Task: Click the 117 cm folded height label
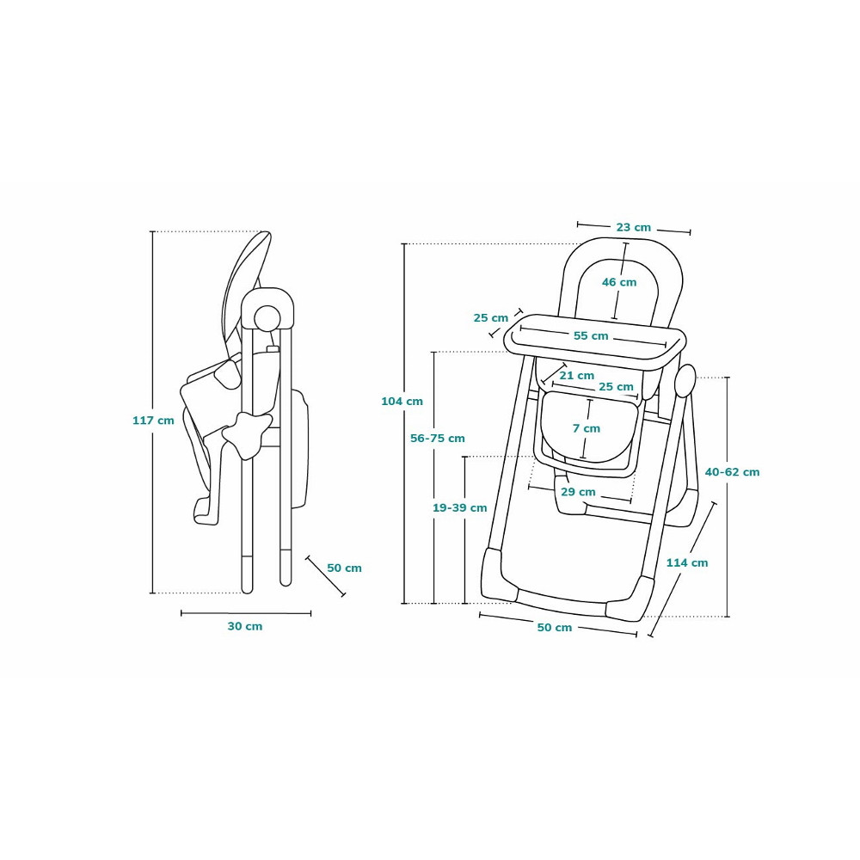click(x=153, y=421)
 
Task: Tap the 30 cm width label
click(x=245, y=626)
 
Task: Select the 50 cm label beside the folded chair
click(x=345, y=568)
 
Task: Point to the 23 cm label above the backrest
click(x=634, y=228)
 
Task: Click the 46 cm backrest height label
click(x=619, y=282)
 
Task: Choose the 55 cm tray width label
click(x=591, y=335)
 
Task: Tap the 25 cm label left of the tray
click(x=491, y=318)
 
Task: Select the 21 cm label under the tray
click(x=577, y=376)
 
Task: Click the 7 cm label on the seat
click(x=587, y=428)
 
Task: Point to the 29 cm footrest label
click(x=578, y=492)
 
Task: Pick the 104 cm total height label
click(x=402, y=402)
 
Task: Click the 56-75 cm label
click(x=438, y=439)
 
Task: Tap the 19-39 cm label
click(x=459, y=508)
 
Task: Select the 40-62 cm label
click(x=732, y=472)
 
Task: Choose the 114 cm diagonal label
click(x=687, y=562)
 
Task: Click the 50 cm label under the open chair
click(x=555, y=628)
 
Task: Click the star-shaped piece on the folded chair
click(x=248, y=434)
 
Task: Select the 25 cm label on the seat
click(x=616, y=387)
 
